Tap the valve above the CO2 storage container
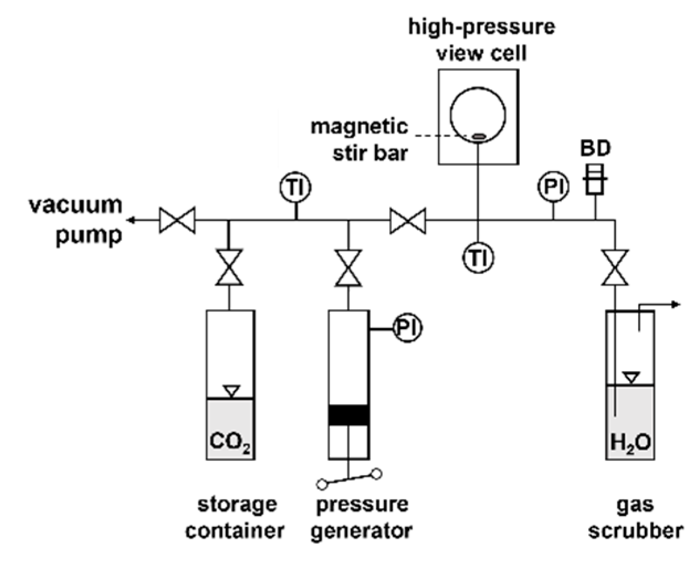click(229, 268)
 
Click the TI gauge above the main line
click(296, 188)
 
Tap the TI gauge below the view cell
click(478, 257)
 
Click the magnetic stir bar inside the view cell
click(478, 136)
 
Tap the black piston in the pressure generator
click(348, 415)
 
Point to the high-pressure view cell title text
click(481, 39)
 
